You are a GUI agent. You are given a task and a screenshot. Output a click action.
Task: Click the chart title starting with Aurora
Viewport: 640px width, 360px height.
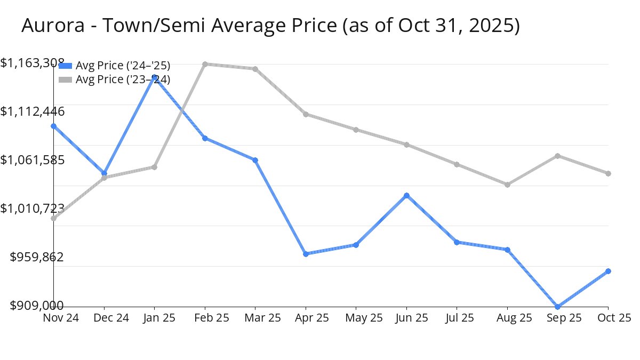(270, 25)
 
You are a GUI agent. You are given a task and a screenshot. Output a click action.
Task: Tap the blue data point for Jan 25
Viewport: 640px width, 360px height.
(155, 77)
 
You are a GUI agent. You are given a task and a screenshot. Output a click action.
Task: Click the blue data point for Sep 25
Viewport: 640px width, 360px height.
(558, 307)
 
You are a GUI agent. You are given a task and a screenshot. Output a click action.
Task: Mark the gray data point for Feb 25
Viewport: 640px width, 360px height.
(205, 64)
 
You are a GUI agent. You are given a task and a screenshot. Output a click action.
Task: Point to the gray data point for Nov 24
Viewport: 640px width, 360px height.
(54, 218)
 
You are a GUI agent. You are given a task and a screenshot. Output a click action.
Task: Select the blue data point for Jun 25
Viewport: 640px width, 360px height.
(407, 195)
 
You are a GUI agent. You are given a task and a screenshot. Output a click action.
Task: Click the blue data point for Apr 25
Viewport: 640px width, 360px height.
(306, 254)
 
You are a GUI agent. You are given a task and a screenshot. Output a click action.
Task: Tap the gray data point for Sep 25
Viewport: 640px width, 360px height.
(558, 156)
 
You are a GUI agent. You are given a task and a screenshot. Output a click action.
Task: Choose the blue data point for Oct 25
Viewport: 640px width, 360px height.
(609, 271)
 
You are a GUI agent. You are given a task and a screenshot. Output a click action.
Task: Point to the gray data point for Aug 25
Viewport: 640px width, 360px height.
(508, 185)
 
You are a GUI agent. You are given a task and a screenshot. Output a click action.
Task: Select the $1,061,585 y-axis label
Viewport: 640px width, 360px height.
(33, 160)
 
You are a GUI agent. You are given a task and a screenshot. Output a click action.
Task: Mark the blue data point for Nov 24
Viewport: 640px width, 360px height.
(54, 126)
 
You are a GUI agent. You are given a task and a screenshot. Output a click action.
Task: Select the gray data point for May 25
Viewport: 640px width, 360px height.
(356, 130)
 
